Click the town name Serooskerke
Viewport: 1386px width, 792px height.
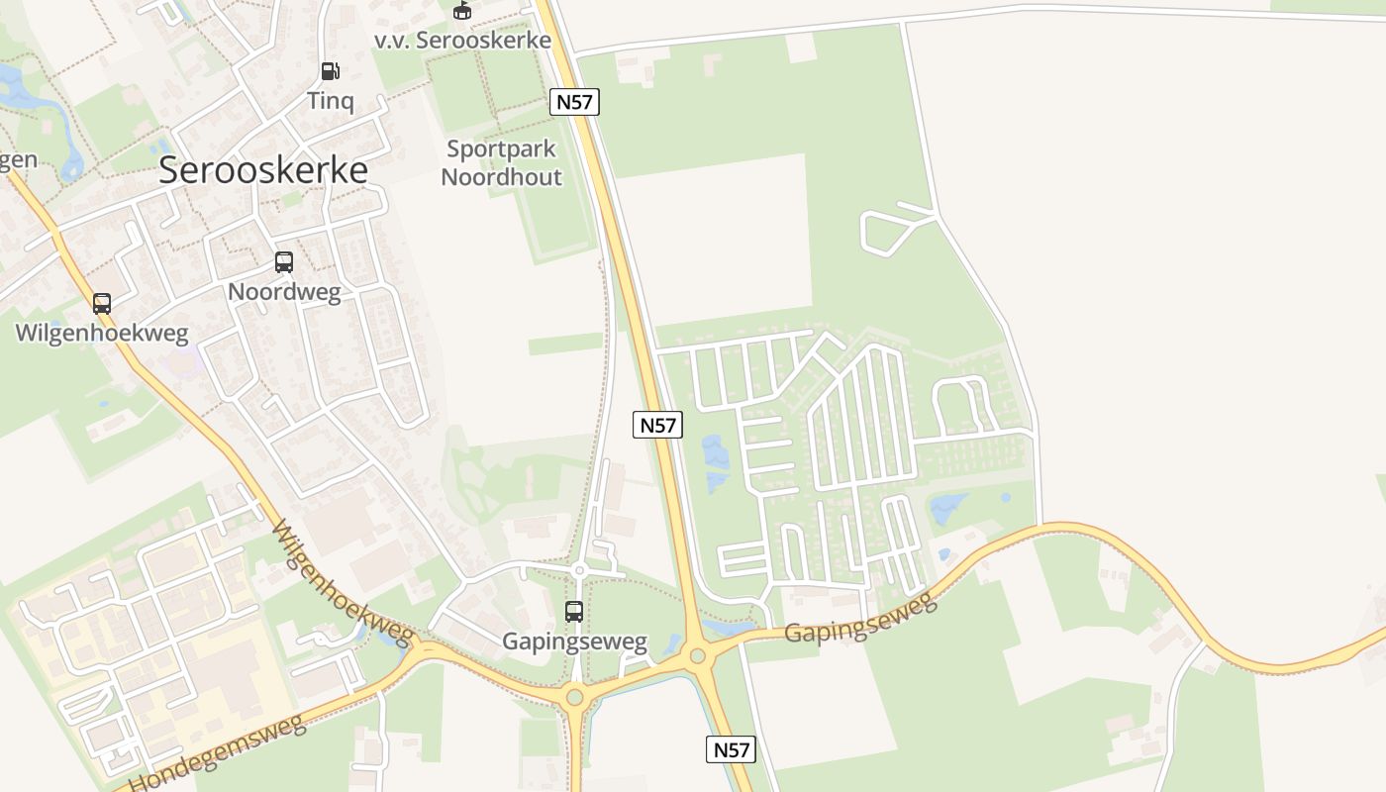coord(263,170)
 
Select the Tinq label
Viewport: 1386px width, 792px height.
coord(331,100)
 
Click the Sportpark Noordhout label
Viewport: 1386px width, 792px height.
coord(501,163)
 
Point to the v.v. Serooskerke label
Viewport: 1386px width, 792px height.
coord(462,41)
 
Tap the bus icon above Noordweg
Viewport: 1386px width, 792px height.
coord(284,262)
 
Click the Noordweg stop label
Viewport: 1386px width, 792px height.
coord(284,292)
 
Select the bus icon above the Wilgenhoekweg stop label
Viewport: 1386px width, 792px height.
coord(102,304)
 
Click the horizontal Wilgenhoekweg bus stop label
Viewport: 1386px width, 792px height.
coord(101,333)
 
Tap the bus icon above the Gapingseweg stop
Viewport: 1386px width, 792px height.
coord(574,612)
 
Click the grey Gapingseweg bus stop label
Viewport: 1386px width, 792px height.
coord(574,642)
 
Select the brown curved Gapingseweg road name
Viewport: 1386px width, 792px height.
coord(860,618)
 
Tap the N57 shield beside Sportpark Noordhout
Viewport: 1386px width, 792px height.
coord(574,101)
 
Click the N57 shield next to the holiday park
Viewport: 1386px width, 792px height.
coord(657,425)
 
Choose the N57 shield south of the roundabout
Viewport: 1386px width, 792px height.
coord(732,749)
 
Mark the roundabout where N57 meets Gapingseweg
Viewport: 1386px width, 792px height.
coord(698,655)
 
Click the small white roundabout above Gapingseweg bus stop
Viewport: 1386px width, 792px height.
coord(579,570)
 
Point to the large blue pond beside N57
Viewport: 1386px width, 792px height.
coord(715,462)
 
